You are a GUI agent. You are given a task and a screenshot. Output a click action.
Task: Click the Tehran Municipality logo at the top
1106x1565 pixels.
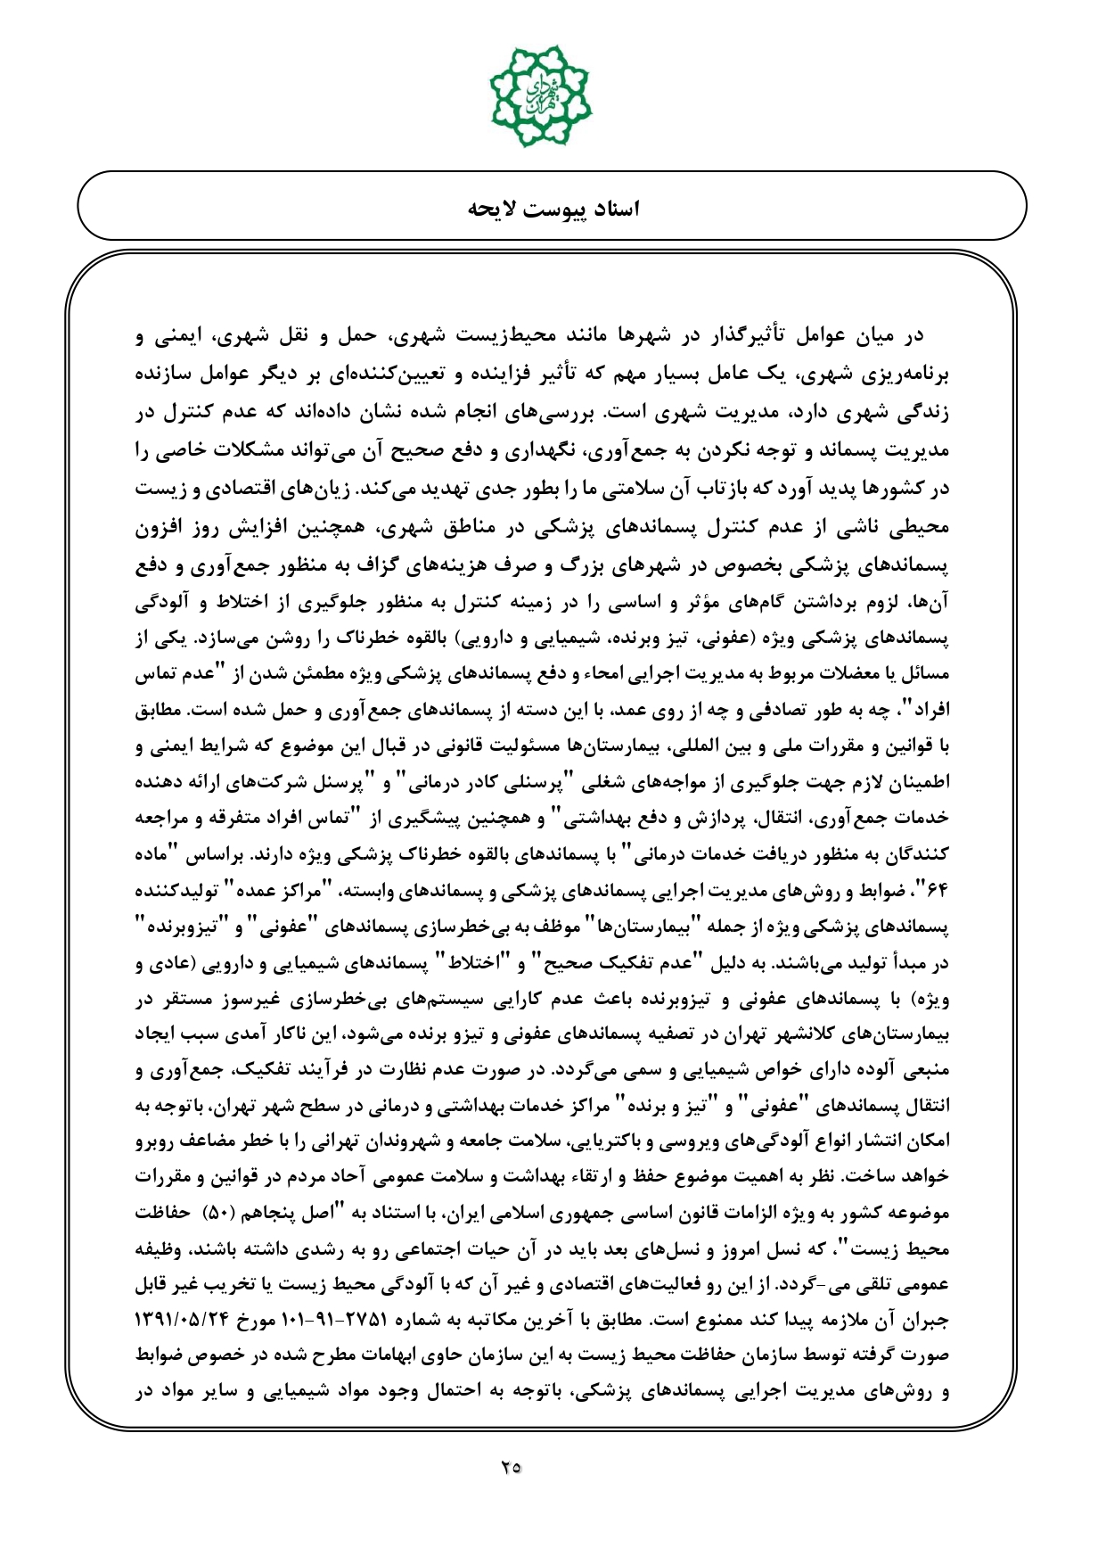(x=539, y=89)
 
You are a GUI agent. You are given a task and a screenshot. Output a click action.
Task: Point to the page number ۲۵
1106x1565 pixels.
(x=511, y=1465)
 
